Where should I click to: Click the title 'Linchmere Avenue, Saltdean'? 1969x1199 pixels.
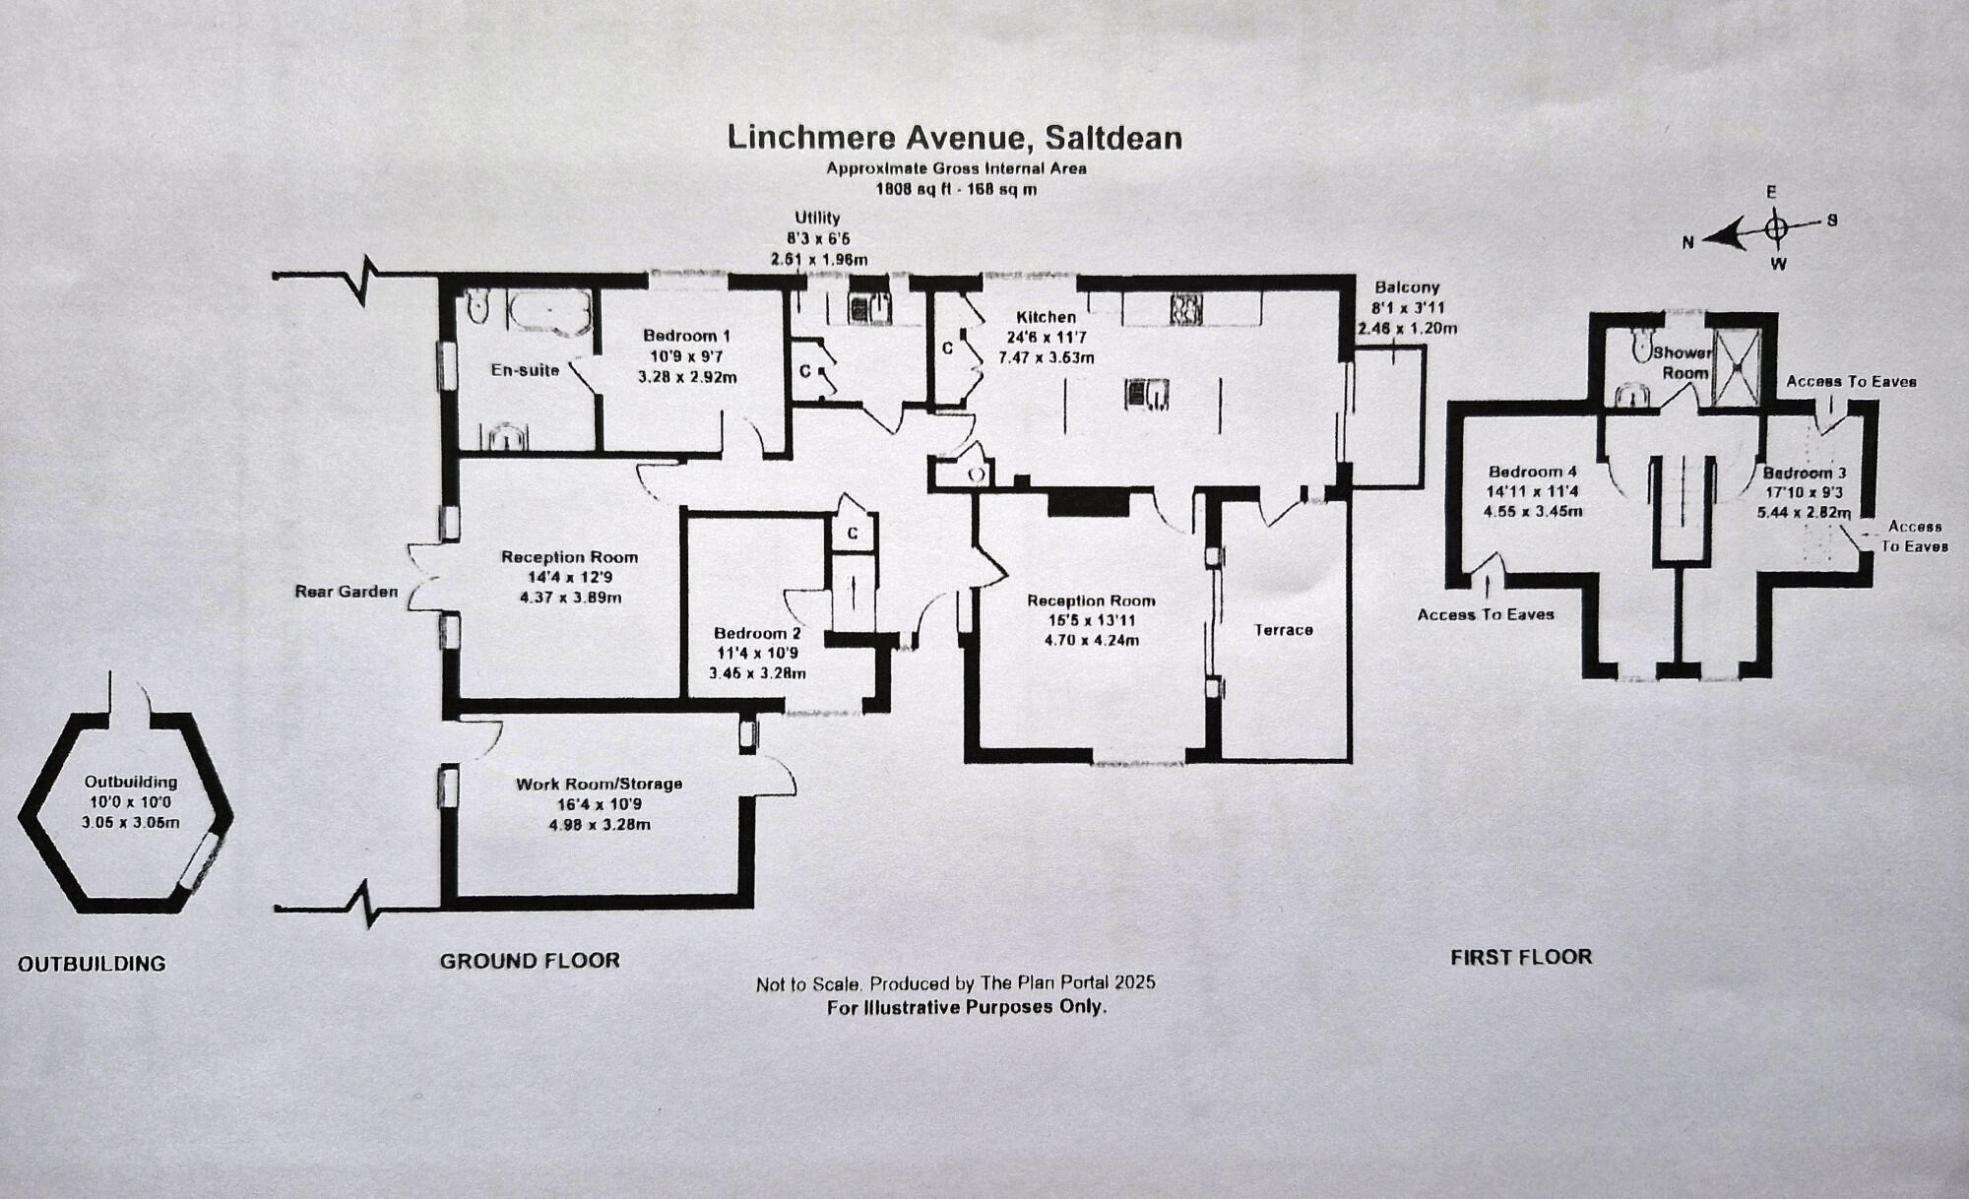(954, 137)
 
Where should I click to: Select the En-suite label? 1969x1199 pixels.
(525, 370)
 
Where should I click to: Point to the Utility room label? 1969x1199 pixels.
(817, 218)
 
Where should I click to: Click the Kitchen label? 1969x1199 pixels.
(1046, 317)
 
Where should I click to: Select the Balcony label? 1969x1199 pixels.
(1407, 287)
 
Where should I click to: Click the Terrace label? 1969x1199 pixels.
(1283, 630)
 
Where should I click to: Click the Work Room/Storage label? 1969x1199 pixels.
(599, 785)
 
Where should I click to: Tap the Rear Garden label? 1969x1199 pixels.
(347, 592)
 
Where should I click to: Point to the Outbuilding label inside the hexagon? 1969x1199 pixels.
(130, 782)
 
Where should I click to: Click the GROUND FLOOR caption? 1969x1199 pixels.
(530, 961)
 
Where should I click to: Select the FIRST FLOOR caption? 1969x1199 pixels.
(1521, 957)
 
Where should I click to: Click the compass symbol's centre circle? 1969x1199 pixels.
(1776, 229)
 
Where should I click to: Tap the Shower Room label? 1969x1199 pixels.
(1684, 362)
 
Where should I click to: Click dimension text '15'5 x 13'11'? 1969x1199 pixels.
(1091, 620)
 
